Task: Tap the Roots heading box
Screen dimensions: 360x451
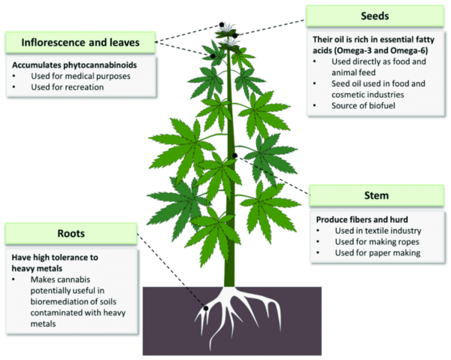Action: tap(70, 234)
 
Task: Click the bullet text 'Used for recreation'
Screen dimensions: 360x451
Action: tap(67, 86)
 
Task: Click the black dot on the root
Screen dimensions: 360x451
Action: tap(205, 307)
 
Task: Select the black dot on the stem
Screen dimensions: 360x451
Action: tap(235, 156)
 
